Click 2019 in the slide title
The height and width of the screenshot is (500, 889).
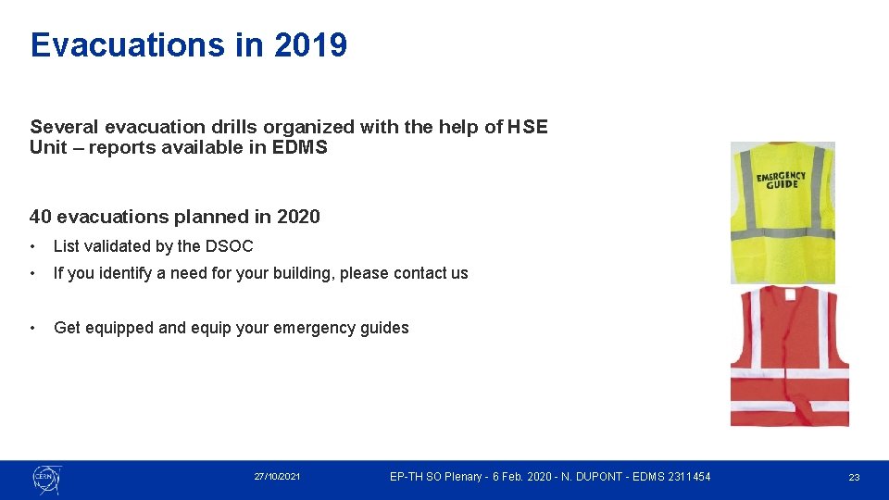pyautogui.click(x=310, y=44)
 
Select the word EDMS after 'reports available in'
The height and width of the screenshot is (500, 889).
pyautogui.click(x=300, y=148)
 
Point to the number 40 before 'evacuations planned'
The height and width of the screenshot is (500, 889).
pyautogui.click(x=40, y=217)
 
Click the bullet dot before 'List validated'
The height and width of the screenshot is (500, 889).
pyautogui.click(x=33, y=246)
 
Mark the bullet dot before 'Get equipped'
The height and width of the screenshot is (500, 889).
pyautogui.click(x=33, y=328)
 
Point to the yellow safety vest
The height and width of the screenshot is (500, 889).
pyautogui.click(x=783, y=213)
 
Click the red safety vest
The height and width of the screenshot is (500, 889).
pyautogui.click(x=789, y=356)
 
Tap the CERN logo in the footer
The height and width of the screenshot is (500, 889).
pyautogui.click(x=45, y=478)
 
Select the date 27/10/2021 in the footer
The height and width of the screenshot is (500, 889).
pyautogui.click(x=277, y=477)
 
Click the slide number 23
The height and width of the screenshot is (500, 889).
pyautogui.click(x=854, y=477)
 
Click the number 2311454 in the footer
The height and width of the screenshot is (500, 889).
pyautogui.click(x=686, y=477)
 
